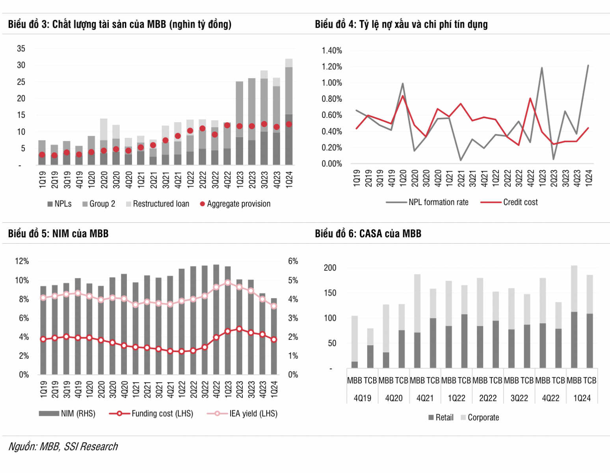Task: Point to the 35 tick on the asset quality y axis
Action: [x=21, y=49]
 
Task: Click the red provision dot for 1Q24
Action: [x=289, y=124]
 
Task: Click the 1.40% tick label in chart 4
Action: [x=331, y=50]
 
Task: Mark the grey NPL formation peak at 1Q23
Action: [x=542, y=68]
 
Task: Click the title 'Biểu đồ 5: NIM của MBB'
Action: [x=58, y=234]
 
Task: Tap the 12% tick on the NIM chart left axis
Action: [x=22, y=261]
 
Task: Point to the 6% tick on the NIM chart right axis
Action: [x=293, y=261]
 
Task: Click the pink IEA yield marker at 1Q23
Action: [x=228, y=283]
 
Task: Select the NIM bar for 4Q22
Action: [x=216, y=319]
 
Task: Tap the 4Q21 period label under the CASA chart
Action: [x=425, y=398]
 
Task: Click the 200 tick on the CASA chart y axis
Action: [x=330, y=268]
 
